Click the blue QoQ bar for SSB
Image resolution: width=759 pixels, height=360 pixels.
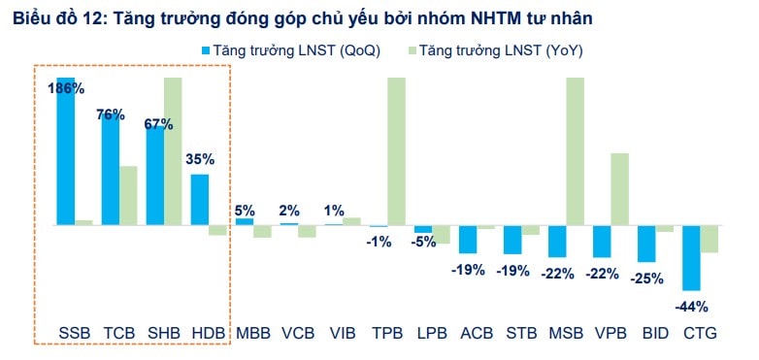[x=65, y=155]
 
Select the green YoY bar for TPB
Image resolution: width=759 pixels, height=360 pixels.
[x=396, y=150]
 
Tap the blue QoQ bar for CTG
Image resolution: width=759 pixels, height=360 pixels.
[x=691, y=257]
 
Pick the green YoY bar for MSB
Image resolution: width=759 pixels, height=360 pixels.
[x=575, y=150]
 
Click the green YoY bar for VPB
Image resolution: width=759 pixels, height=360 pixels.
[x=619, y=188]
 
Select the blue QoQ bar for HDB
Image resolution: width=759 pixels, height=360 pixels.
[x=199, y=199]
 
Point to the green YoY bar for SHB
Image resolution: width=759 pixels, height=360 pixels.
[x=173, y=150]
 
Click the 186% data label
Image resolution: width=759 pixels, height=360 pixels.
[x=66, y=88]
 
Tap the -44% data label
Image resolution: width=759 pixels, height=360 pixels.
[x=691, y=306]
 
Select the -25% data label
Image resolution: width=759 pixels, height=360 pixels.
[x=646, y=278]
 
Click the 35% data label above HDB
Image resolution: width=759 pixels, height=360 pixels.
[x=199, y=159]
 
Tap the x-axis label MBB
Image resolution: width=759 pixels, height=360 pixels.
[x=253, y=333]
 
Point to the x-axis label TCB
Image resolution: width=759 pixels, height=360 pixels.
[x=118, y=333]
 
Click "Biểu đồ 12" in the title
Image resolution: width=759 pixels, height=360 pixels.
[x=54, y=17]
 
